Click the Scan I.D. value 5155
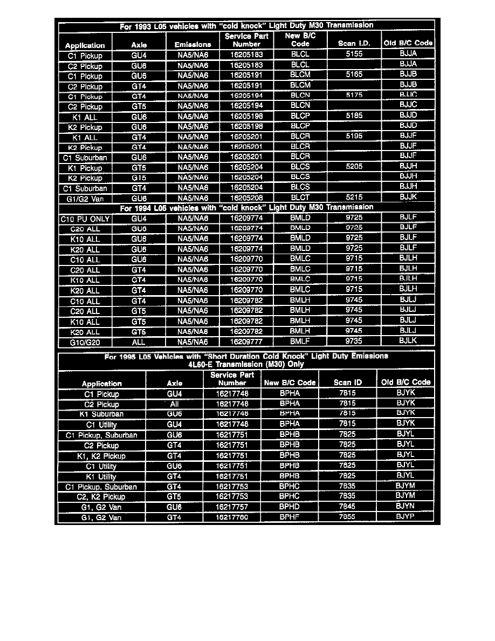pos(354,54)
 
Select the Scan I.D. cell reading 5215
pos(354,197)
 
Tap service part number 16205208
pos(246,198)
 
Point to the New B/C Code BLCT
pos(300,198)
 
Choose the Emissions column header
pos(192,44)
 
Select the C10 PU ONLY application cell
pos(85,219)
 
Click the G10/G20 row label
pos(85,342)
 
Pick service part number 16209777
pos(246,342)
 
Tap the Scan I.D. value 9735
pos(354,341)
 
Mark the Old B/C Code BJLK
pos(408,341)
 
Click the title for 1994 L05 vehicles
pos(246,208)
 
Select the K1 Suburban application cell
pos(101,414)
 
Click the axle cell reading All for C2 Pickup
pos(174,404)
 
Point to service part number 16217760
pos(232,517)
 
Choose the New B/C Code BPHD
pos(290,507)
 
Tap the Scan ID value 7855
pos(347,517)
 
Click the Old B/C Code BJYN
pos(405,507)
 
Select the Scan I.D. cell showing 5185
pos(354,116)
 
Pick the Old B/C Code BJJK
pos(408,197)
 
